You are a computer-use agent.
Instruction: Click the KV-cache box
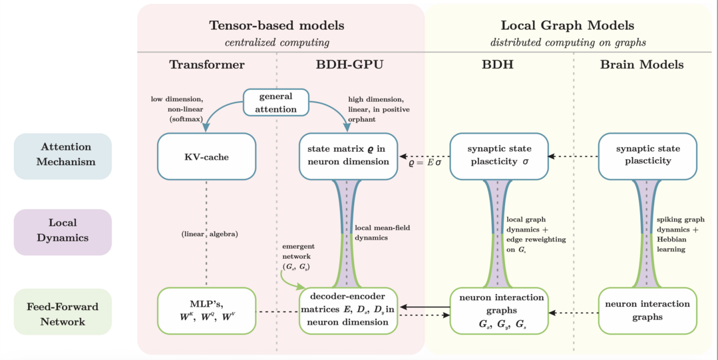pyautogui.click(x=206, y=156)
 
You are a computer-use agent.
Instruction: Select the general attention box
pyautogui.click(x=275, y=102)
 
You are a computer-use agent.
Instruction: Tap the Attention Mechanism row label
pyautogui.click(x=63, y=154)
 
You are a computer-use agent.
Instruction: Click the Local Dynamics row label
pyautogui.click(x=63, y=230)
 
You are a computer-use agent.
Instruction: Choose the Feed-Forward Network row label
pyautogui.click(x=63, y=314)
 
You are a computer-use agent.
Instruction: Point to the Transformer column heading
pyautogui.click(x=207, y=65)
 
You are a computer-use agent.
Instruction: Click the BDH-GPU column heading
pyautogui.click(x=349, y=65)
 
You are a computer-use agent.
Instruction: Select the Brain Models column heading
pyautogui.click(x=641, y=65)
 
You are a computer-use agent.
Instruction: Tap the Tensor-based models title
pyautogui.click(x=277, y=26)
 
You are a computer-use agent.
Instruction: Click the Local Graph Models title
pyautogui.click(x=567, y=26)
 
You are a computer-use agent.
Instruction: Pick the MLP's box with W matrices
pyautogui.click(x=206, y=311)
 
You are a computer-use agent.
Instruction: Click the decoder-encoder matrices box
pyautogui.click(x=349, y=311)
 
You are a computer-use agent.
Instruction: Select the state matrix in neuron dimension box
pyautogui.click(x=349, y=156)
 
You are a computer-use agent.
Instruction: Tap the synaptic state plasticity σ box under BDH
pyautogui.click(x=499, y=156)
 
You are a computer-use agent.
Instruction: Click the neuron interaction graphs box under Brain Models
pyautogui.click(x=647, y=311)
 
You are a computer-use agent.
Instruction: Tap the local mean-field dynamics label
pyautogui.click(x=382, y=232)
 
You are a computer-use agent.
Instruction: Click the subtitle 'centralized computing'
pyautogui.click(x=277, y=43)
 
